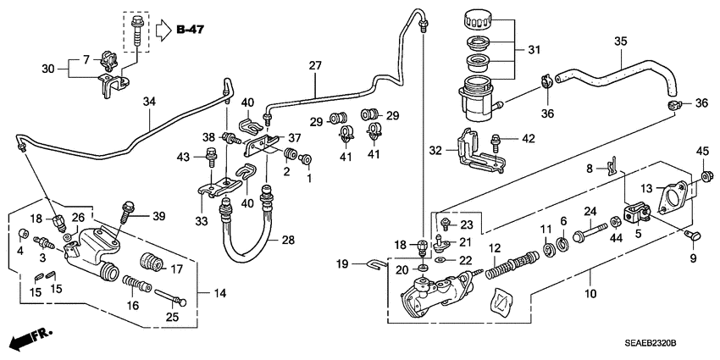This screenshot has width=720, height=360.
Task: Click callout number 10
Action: click(x=590, y=294)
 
